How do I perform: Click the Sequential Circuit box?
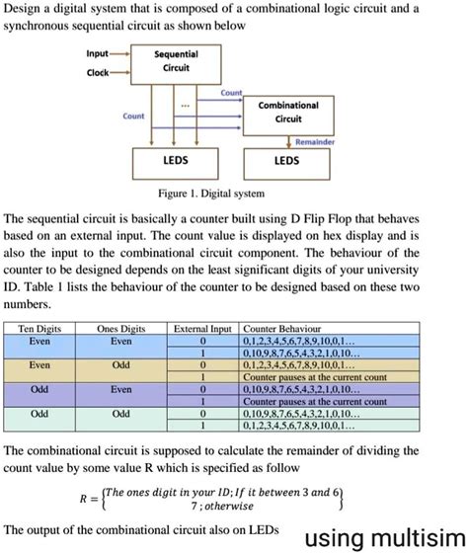[178, 62]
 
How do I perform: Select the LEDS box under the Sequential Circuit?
[178, 160]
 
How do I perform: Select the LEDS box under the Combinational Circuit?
[287, 160]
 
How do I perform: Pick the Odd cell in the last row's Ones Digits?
[121, 414]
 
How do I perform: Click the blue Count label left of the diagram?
[134, 116]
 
